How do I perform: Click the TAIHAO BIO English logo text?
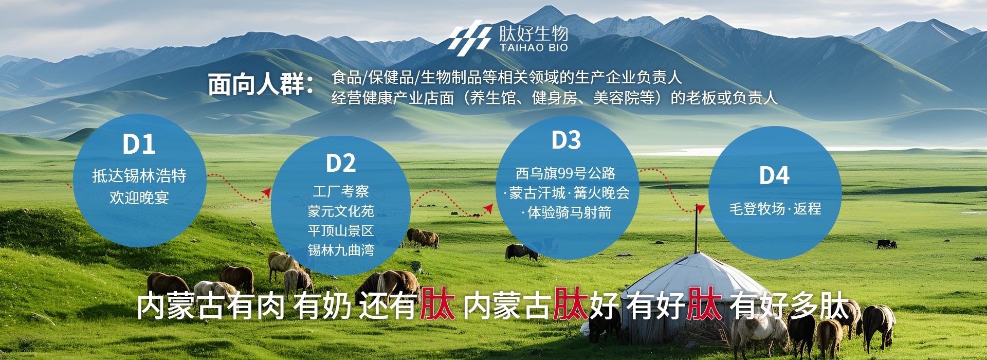(534, 47)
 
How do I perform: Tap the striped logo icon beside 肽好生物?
(469, 35)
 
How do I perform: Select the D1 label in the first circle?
(139, 145)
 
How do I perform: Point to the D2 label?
(341, 163)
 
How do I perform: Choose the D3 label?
(566, 140)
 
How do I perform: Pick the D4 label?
(774, 175)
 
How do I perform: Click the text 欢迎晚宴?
(139, 197)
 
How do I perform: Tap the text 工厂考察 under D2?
(341, 191)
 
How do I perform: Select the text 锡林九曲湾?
(341, 250)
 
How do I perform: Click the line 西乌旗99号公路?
(565, 173)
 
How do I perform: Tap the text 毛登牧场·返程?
(775, 209)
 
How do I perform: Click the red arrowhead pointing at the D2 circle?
(266, 192)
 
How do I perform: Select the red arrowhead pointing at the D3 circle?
(488, 208)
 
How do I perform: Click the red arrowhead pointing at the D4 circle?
(700, 208)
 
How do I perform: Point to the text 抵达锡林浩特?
(139, 176)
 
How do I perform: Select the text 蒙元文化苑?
(341, 211)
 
